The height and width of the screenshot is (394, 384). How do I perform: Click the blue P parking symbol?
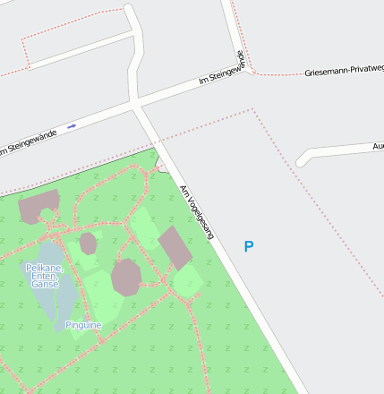coord(249,246)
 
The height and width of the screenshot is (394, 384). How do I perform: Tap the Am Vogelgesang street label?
coord(198,212)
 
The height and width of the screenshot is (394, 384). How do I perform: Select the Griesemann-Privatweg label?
coord(344,70)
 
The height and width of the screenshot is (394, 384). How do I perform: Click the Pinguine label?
coord(83,325)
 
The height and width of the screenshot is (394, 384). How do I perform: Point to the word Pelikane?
coord(44,267)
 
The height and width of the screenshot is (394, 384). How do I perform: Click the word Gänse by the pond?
coord(45,284)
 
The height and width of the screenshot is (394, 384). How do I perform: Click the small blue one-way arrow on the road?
coord(72,125)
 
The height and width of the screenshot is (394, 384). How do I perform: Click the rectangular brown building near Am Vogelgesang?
coord(175,247)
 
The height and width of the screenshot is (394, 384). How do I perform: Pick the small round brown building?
coord(88,243)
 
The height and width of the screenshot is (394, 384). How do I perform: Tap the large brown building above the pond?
coord(39,206)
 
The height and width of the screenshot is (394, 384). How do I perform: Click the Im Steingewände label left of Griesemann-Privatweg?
coord(220,73)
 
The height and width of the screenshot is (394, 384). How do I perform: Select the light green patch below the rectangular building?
coord(187,281)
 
